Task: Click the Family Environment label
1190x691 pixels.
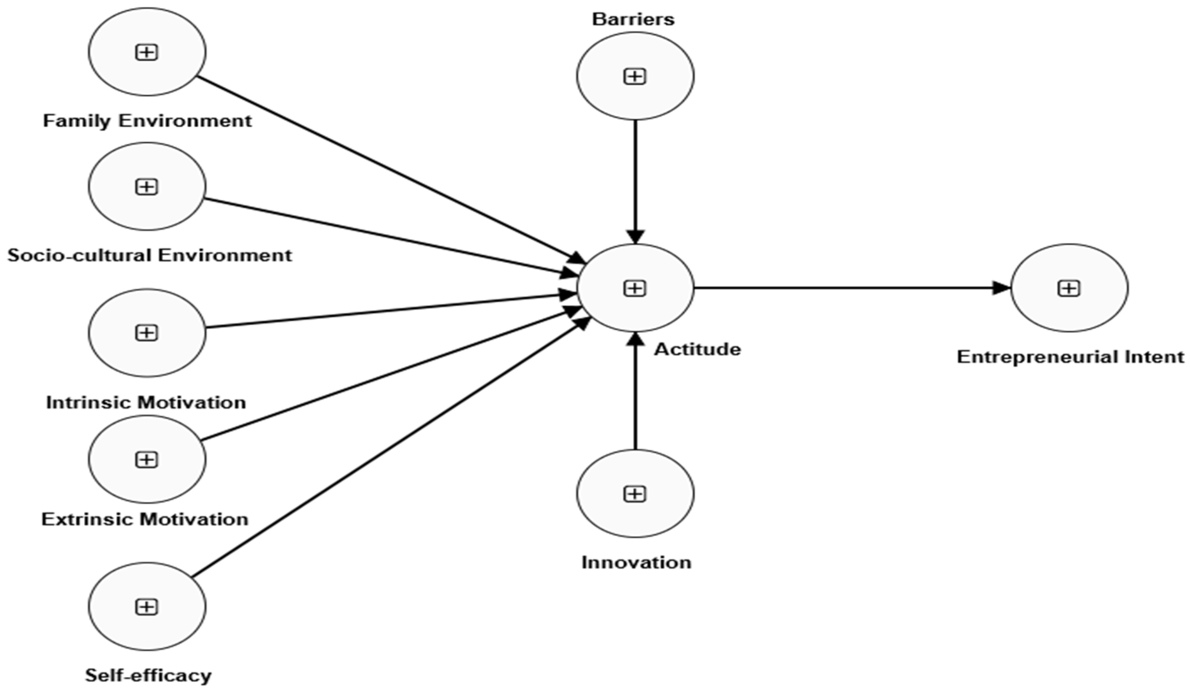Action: (x=147, y=121)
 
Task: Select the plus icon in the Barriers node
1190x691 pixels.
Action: (x=635, y=77)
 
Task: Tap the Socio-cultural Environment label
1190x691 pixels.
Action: (x=150, y=256)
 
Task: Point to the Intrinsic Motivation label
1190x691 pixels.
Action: (x=146, y=402)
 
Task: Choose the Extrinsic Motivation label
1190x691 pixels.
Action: (x=145, y=520)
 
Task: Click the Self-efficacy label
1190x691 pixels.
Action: (x=148, y=675)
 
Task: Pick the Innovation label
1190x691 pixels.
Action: (x=636, y=562)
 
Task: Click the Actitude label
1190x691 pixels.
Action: (x=698, y=350)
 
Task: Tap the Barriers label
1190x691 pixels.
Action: (x=633, y=19)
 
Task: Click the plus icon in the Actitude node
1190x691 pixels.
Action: (x=635, y=288)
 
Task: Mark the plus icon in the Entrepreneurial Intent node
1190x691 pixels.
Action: (x=1069, y=288)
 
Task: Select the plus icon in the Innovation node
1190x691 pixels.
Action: (x=635, y=494)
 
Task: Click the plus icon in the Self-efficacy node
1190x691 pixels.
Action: (x=147, y=607)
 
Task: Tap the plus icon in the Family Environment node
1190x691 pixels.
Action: (x=147, y=52)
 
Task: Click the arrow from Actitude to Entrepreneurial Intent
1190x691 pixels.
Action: (x=850, y=287)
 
